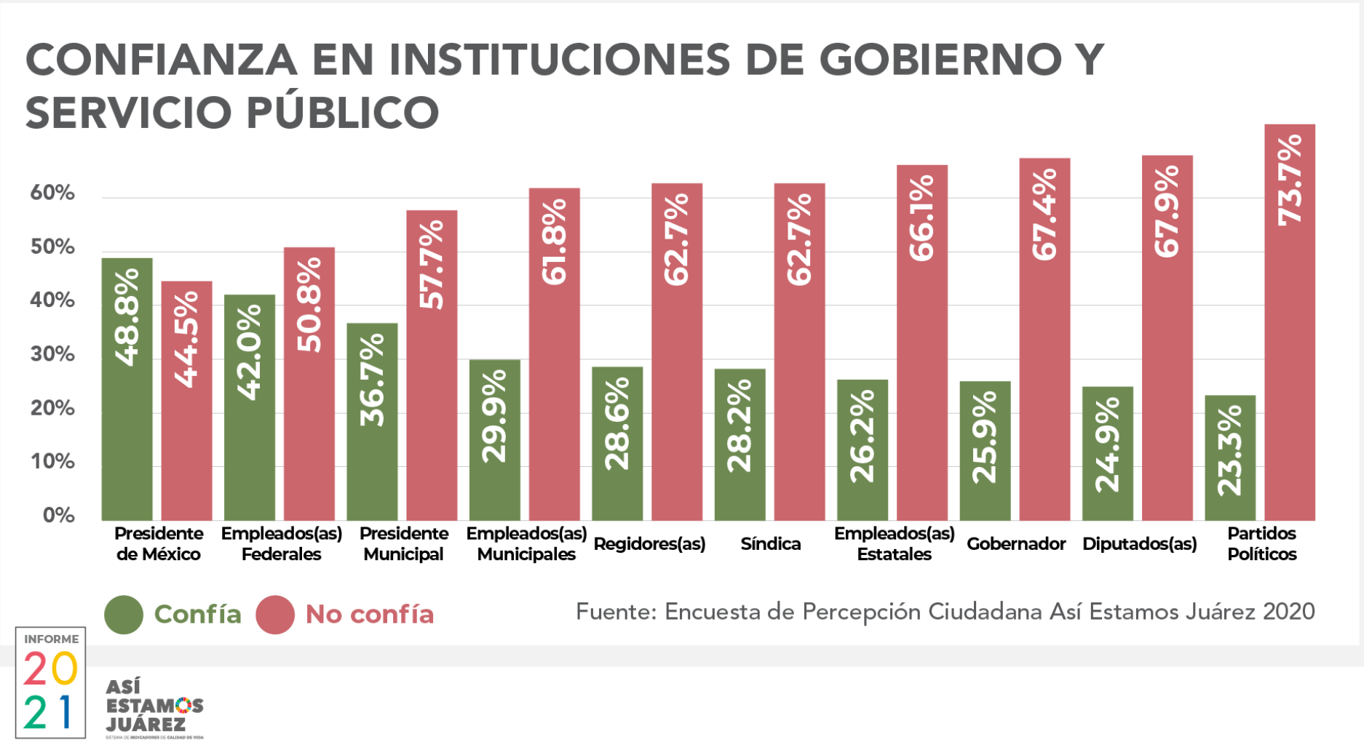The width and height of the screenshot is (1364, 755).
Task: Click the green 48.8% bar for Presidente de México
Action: tap(127, 388)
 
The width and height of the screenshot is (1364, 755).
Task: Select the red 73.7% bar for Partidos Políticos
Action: tap(1289, 321)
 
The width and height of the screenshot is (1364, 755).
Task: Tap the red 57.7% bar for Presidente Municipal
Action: tap(432, 364)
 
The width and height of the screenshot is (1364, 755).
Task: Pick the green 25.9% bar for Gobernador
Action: tap(985, 450)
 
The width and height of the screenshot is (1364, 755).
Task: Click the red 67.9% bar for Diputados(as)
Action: tap(1167, 337)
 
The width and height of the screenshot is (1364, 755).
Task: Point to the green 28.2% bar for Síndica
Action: tap(740, 444)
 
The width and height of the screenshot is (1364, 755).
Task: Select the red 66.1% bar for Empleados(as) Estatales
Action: tap(921, 342)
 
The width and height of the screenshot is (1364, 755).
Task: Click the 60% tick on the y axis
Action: tap(52, 193)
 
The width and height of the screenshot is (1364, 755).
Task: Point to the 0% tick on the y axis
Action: tap(58, 516)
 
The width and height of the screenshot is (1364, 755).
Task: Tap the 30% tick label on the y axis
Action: tap(52, 354)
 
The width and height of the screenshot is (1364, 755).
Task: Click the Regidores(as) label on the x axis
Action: tap(649, 544)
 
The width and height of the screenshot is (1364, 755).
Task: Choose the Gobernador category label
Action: tap(1015, 544)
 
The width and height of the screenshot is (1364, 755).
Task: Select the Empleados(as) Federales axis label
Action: tap(281, 544)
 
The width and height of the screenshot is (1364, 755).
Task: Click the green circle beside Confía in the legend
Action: tap(124, 615)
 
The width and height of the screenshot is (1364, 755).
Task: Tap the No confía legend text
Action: tap(369, 615)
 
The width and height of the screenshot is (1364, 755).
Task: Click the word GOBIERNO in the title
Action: tap(940, 60)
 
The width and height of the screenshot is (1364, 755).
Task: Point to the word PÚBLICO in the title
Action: tap(342, 113)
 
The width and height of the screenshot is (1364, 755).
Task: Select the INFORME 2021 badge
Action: tap(50, 682)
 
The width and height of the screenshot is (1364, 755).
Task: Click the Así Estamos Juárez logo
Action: tap(154, 708)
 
